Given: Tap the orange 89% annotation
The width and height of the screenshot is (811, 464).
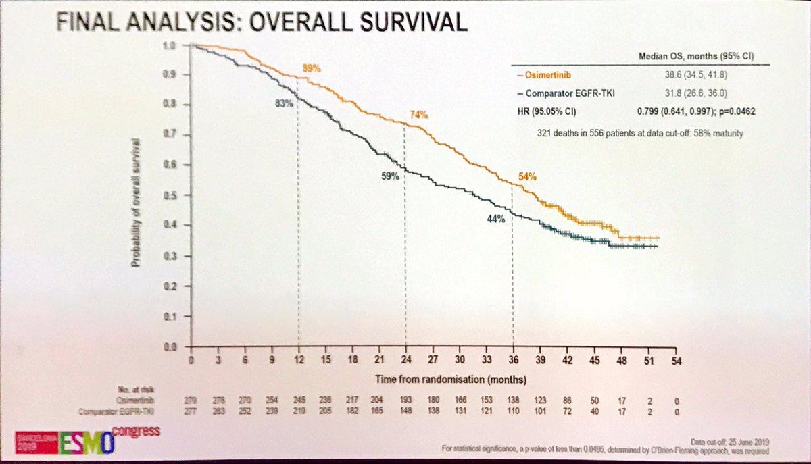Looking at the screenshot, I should point(310,68).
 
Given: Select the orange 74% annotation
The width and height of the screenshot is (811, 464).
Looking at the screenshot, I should point(418,115).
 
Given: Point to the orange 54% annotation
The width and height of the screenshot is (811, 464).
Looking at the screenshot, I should point(527,177).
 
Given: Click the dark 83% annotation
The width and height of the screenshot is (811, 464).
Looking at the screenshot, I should point(283,103).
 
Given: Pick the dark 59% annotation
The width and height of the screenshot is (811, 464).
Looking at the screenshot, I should point(389,176).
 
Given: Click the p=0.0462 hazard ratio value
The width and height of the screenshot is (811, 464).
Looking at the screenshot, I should point(736,111).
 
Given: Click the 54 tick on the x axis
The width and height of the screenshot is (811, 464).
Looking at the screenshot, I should point(674,361).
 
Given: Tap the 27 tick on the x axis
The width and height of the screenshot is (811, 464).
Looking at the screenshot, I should point(433,360).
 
